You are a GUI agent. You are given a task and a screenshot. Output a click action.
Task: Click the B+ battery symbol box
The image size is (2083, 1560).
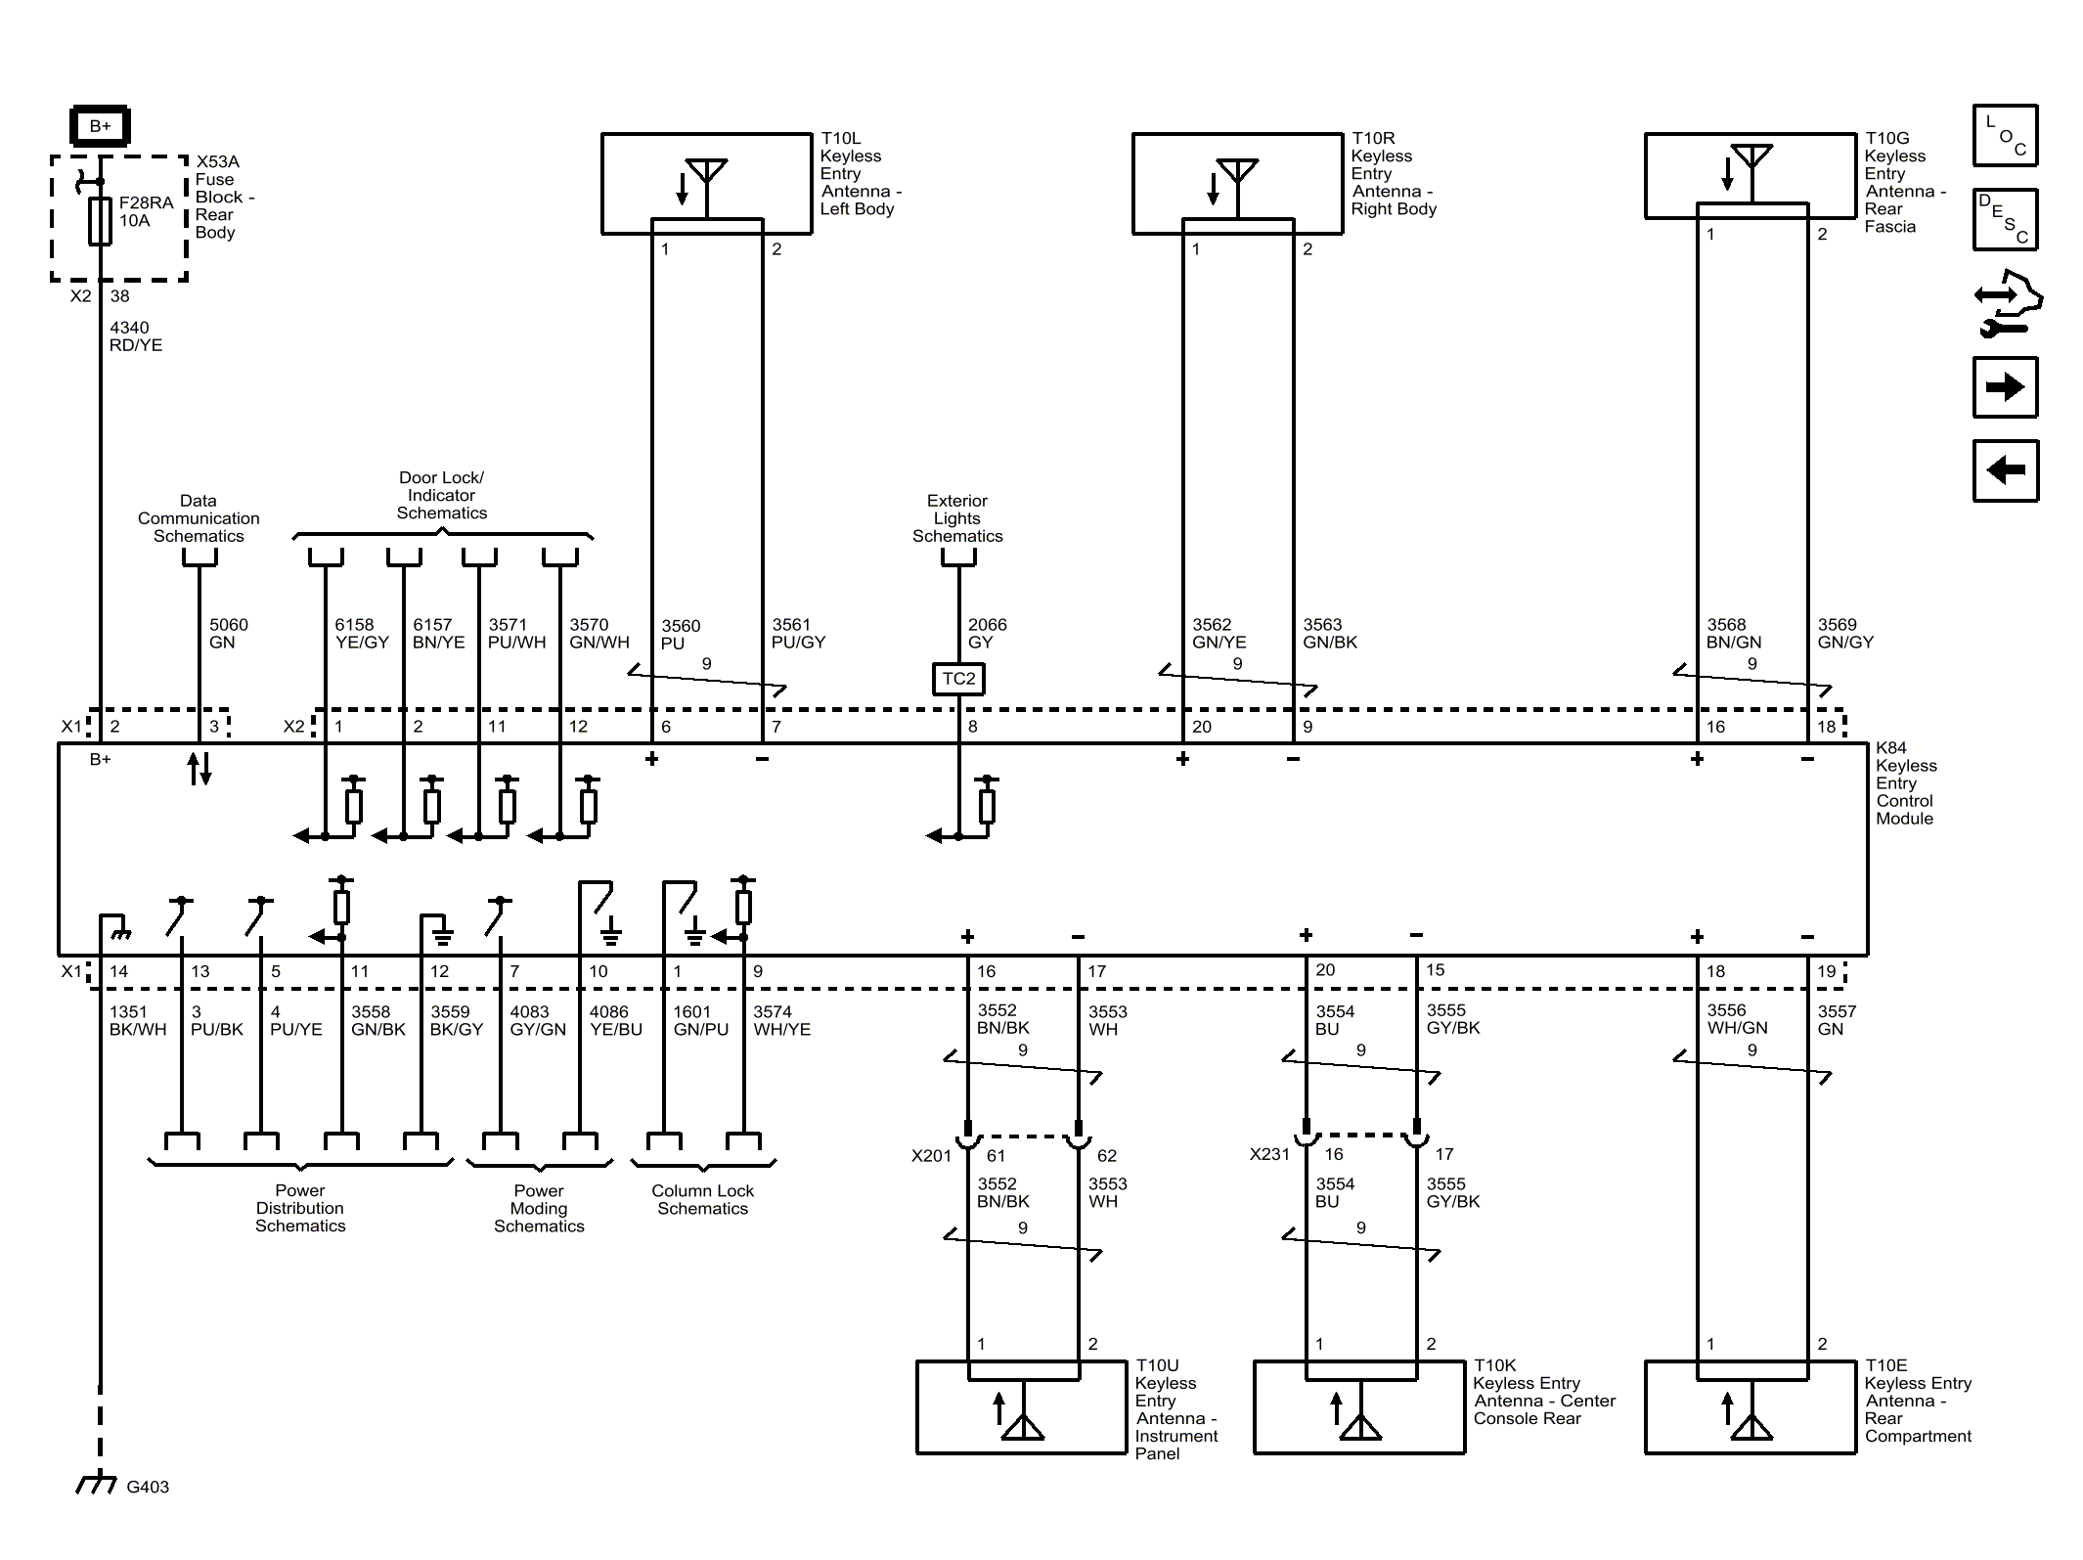pos(100,126)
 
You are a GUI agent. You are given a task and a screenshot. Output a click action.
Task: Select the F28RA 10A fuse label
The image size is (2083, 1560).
pos(145,211)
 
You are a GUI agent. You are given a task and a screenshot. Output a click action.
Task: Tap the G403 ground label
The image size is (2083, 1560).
pos(148,1487)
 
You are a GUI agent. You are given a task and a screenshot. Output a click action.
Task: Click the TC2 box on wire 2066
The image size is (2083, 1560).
pos(958,679)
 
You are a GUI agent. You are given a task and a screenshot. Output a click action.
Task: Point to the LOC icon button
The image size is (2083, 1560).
pos(2005,135)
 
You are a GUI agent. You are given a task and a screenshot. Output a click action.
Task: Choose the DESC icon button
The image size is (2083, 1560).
pos(2005,220)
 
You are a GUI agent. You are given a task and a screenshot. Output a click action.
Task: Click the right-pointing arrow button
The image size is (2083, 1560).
pos(2005,387)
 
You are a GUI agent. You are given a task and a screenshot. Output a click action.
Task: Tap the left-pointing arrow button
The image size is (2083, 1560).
pos(2005,470)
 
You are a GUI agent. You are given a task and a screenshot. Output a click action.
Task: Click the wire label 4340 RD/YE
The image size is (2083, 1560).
pos(135,336)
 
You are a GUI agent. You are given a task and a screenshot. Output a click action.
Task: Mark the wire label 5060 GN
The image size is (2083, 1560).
pos(228,633)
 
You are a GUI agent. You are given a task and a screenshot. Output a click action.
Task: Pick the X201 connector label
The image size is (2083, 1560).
pos(931,1156)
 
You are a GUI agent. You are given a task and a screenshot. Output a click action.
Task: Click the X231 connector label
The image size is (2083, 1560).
pos(1269,1155)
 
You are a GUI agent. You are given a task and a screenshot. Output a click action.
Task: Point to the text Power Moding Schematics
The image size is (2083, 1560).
pos(539,1208)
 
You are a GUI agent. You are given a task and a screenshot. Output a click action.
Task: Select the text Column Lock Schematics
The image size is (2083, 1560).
pos(702,1199)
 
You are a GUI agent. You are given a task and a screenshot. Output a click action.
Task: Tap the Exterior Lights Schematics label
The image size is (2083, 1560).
pos(957,518)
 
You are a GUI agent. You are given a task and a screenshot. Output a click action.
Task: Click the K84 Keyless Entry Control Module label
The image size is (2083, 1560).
pos(1905,783)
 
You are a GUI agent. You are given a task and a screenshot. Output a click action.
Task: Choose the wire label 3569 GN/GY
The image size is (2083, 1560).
pos(1844,633)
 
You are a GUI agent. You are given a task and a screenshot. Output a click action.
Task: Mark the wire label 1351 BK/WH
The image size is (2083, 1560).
pos(137,1020)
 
